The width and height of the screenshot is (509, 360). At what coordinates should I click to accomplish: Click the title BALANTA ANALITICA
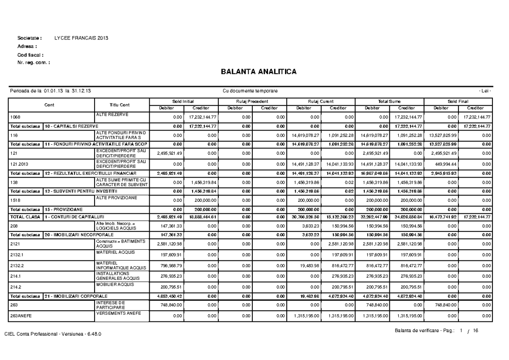pyautogui.click(x=258, y=72)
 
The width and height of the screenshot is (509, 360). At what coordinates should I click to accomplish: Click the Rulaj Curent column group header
pyautogui.click(x=321, y=102)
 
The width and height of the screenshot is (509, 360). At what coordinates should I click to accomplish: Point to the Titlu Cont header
pyautogui.click(x=119, y=105)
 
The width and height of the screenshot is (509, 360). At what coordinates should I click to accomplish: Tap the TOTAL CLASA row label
pyautogui.click(x=25, y=217)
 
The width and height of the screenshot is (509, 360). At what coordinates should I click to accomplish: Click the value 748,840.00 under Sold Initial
pyautogui.click(x=171, y=304)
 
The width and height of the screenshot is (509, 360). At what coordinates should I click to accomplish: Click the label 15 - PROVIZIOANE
pyautogui.click(x=64, y=209)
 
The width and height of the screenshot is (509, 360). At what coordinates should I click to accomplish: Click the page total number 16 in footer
pyautogui.click(x=475, y=331)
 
